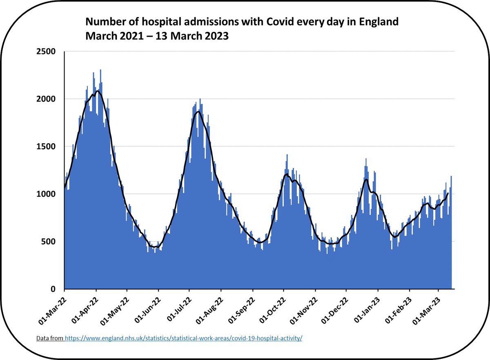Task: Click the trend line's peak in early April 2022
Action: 97,91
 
